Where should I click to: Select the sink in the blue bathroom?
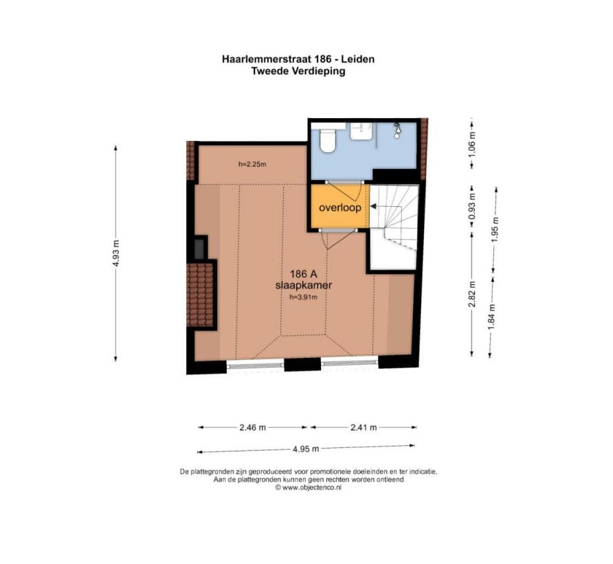point(361,131)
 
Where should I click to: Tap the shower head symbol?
point(397,131)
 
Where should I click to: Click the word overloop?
point(340,207)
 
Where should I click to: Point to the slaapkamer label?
point(304,285)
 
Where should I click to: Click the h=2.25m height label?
point(252,165)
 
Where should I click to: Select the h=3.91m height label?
point(303,297)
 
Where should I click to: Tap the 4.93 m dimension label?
point(115,253)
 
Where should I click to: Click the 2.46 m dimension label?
point(252,427)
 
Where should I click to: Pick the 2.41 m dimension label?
point(364,427)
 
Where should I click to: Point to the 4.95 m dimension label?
point(306,449)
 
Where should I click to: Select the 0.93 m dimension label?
point(472,207)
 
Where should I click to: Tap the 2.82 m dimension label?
point(472,294)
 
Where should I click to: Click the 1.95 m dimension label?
point(495,229)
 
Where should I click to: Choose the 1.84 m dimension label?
point(492,317)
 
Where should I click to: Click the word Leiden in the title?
point(358,59)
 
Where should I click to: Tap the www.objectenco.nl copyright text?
point(308,487)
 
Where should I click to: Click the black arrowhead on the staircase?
point(373,206)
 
